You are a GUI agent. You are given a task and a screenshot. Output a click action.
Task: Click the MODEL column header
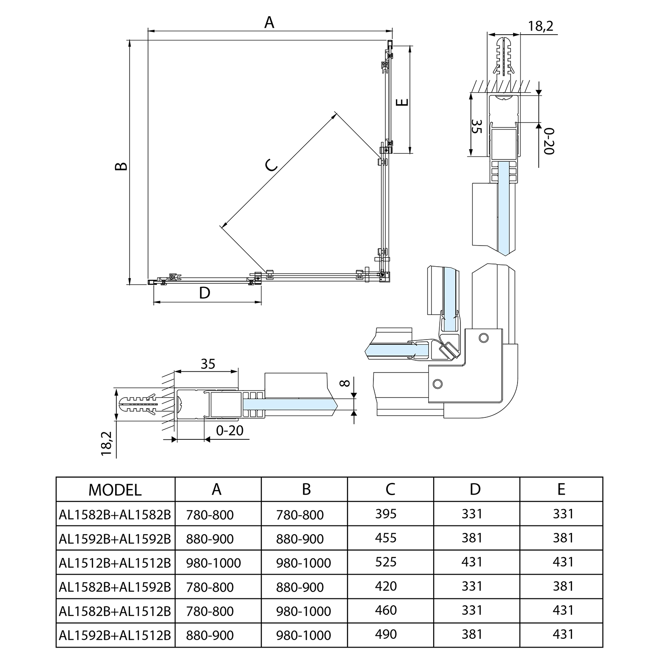click(115, 490)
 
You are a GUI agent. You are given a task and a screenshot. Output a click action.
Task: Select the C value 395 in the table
click(386, 514)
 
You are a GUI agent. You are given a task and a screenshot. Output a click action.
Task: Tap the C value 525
click(386, 562)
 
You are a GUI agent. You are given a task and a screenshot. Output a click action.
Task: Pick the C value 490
click(386, 634)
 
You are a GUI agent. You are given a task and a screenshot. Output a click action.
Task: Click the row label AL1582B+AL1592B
click(115, 587)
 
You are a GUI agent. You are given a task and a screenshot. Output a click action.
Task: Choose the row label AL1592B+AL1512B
click(115, 635)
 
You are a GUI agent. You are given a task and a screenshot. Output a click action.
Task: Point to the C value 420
click(386, 586)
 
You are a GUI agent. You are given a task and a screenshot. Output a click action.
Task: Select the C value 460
click(386, 610)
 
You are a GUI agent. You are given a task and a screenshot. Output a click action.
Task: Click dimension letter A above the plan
click(269, 22)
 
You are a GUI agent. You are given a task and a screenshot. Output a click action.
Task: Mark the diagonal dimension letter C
click(272, 165)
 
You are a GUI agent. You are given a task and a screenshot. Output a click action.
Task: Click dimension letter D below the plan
click(204, 293)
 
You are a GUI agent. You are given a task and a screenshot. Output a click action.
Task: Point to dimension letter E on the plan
click(402, 102)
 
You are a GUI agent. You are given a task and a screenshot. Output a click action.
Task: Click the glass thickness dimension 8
click(346, 383)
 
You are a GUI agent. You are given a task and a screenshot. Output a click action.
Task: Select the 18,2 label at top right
click(540, 26)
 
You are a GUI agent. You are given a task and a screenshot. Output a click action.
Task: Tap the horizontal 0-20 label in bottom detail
click(229, 431)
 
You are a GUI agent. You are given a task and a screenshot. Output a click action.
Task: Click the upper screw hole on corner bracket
click(484, 338)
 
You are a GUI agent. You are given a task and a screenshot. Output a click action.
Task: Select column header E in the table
click(561, 489)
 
